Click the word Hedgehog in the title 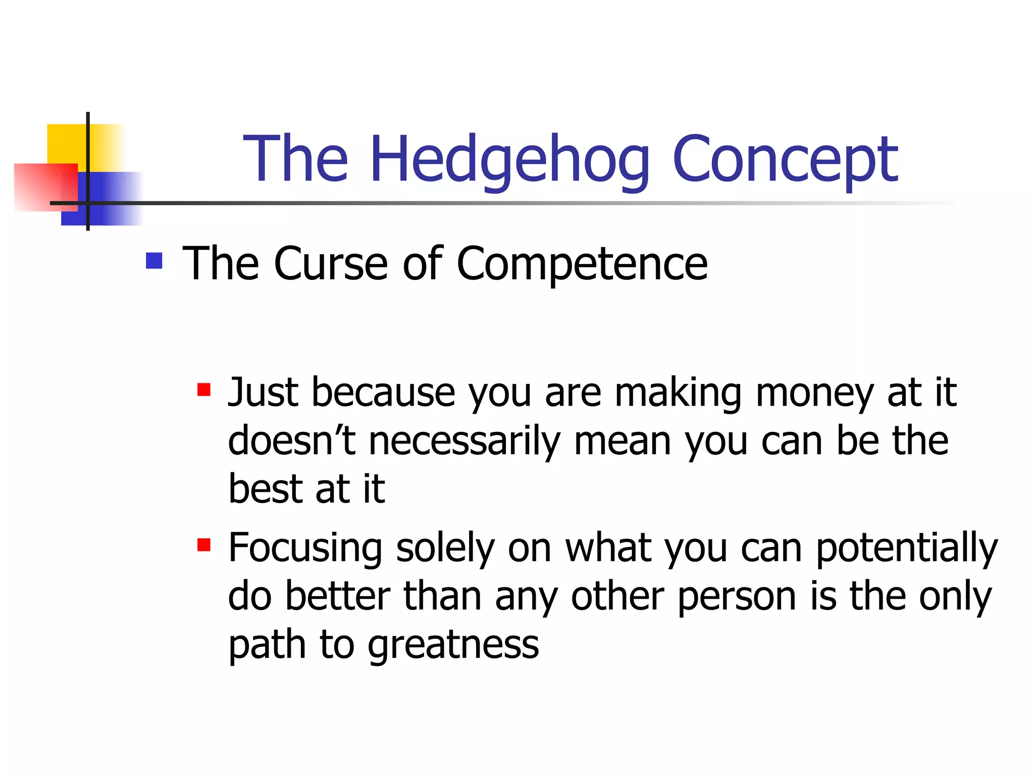510,159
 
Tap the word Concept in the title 785,159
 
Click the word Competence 582,264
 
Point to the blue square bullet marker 154,261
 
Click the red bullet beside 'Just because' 204,390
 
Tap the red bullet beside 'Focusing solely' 204,545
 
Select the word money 815,394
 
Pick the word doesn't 292,440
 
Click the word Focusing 305,549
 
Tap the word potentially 907,549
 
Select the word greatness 453,646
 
